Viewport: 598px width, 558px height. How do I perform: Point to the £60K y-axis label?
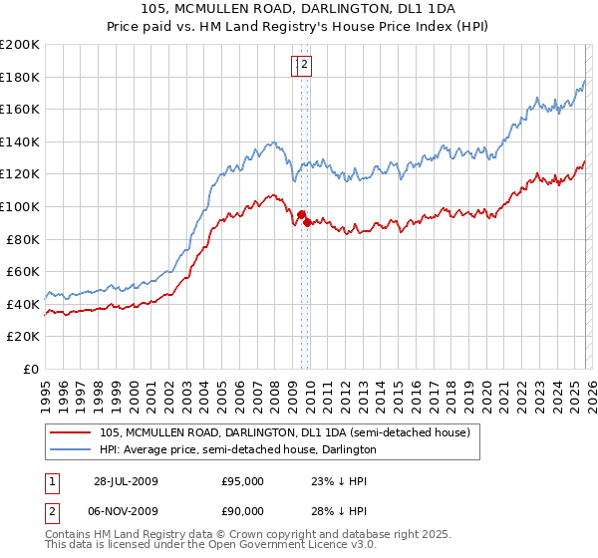[x=23, y=271]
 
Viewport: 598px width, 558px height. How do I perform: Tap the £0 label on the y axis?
[x=32, y=369]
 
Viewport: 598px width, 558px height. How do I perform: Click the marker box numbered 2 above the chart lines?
[x=306, y=66]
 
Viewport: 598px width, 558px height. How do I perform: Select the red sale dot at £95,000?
[x=301, y=213]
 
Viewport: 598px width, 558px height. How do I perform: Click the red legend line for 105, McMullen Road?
[x=71, y=432]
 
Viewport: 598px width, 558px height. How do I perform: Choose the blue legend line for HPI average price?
[x=71, y=449]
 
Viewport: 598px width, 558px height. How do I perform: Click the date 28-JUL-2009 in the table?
[x=127, y=480]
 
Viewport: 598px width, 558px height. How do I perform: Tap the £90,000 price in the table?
[x=242, y=508]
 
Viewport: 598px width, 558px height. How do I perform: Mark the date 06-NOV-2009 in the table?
[x=127, y=508]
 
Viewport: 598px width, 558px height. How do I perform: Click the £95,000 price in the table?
[x=242, y=480]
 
